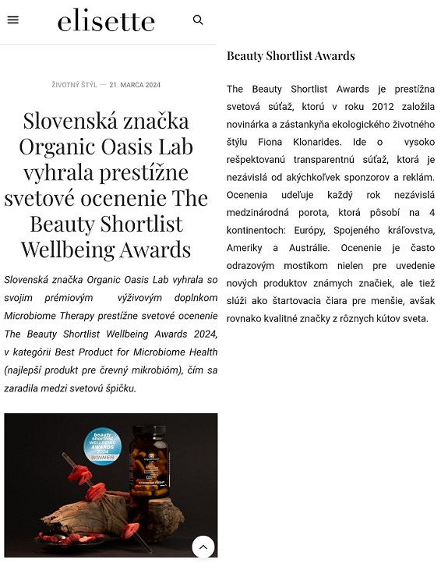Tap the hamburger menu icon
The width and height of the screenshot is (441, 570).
(x=12, y=20)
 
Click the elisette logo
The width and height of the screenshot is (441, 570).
(x=106, y=20)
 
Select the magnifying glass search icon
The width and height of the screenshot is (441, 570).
(x=198, y=20)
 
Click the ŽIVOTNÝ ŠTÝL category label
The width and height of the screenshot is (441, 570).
(x=74, y=85)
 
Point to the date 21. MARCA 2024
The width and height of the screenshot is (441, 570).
(x=135, y=85)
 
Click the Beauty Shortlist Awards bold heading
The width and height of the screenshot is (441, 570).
(x=291, y=56)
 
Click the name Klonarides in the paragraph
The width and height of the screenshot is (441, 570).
(x=319, y=142)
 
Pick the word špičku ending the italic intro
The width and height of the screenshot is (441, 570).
(x=118, y=388)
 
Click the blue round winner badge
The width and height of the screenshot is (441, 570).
(x=102, y=445)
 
